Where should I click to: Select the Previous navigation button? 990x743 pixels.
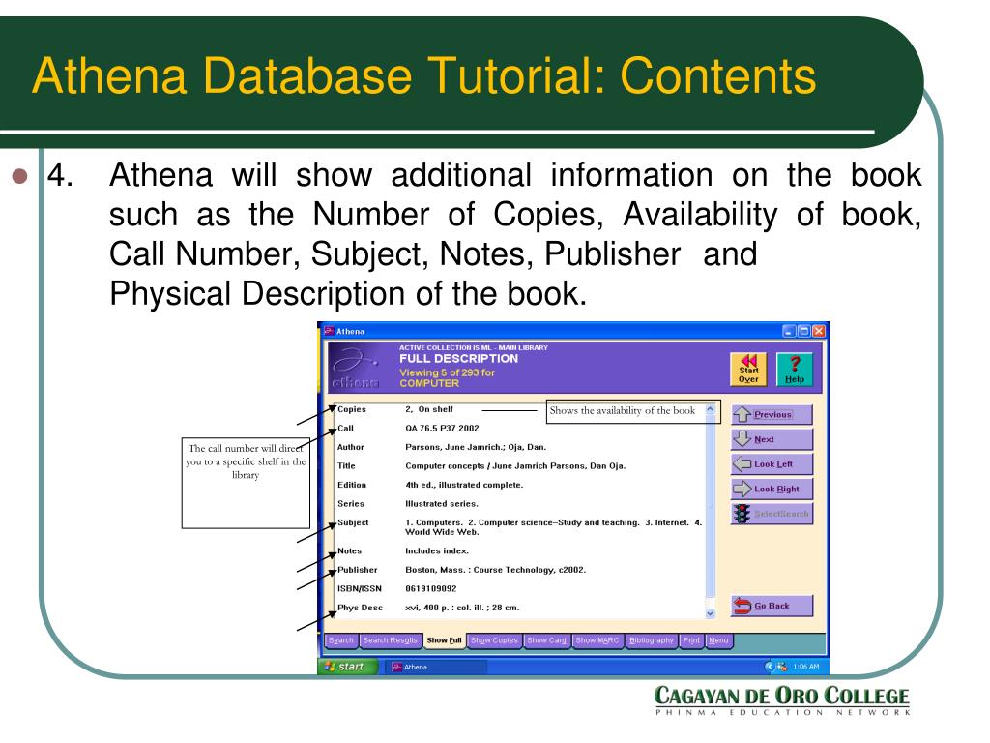coord(772,414)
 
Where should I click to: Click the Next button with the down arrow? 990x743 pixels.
coord(772,439)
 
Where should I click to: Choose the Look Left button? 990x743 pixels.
coord(772,463)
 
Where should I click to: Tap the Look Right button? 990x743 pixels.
coord(772,489)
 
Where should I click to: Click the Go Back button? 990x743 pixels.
coord(772,606)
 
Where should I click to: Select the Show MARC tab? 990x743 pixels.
coord(598,640)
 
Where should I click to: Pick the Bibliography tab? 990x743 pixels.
coord(655,640)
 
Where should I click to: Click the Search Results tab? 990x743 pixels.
coord(391,640)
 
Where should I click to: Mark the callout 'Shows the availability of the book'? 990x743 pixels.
coord(622,410)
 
